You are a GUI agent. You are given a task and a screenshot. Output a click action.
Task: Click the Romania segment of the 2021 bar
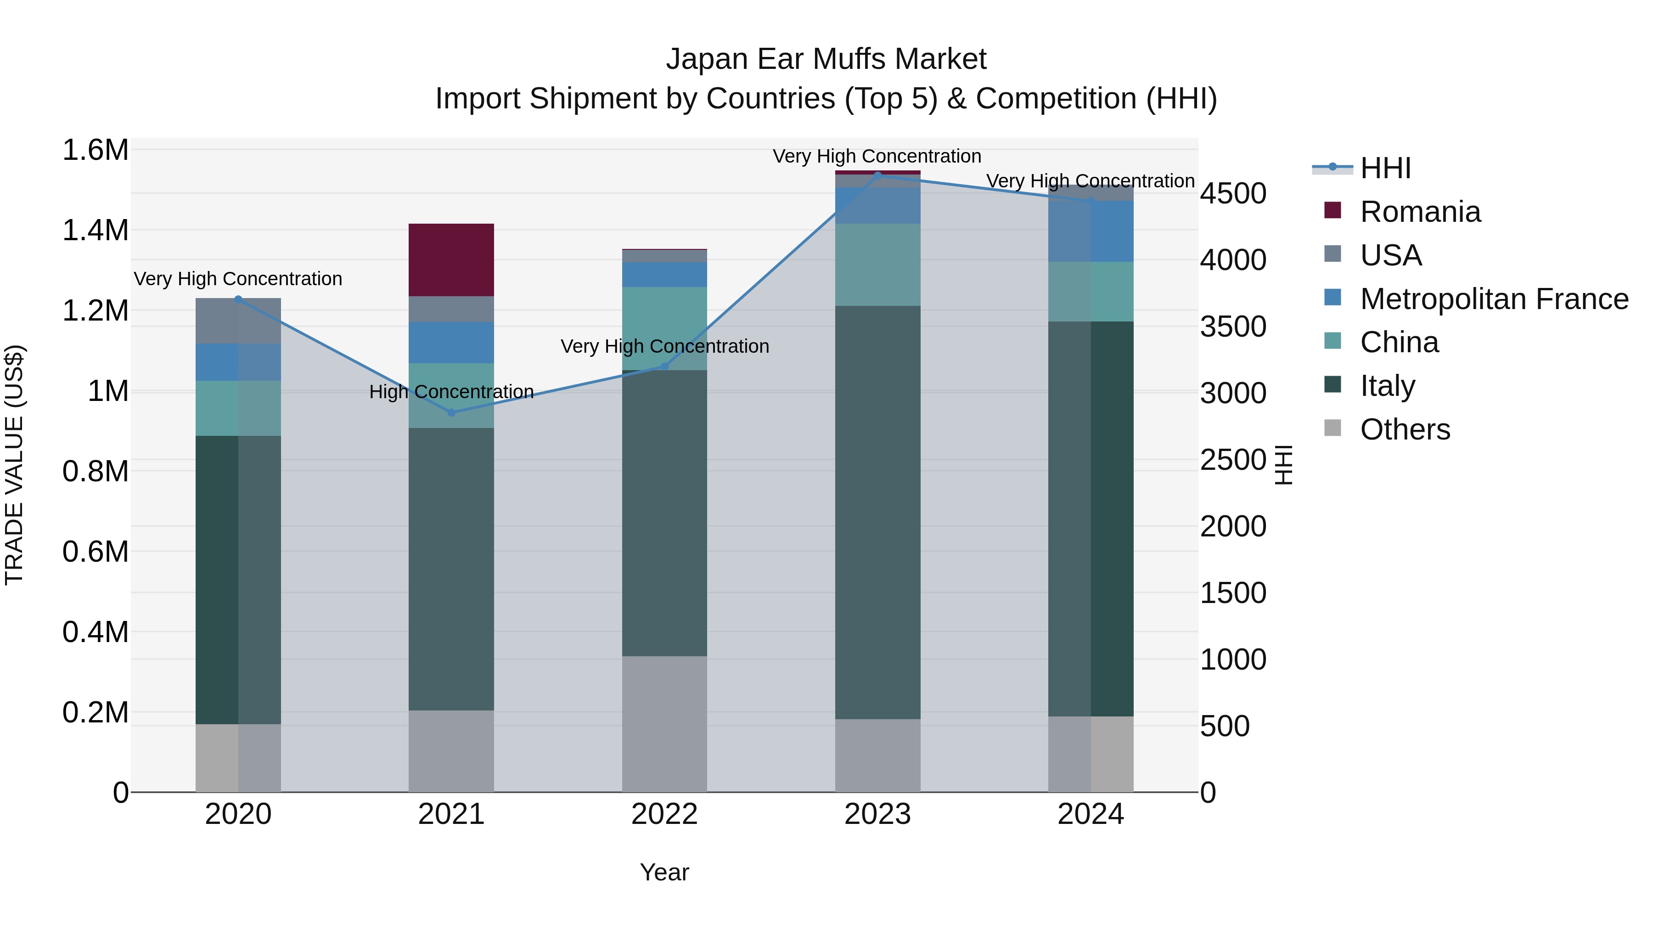(x=451, y=260)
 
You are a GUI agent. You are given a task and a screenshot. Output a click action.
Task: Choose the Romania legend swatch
(x=1333, y=210)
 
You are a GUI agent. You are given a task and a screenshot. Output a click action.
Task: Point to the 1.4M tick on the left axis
(x=96, y=231)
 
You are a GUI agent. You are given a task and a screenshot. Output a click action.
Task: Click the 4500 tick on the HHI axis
(x=1233, y=194)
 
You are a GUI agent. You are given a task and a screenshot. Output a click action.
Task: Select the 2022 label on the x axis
(x=664, y=814)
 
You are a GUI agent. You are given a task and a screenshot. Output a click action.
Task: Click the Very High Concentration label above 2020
(x=238, y=279)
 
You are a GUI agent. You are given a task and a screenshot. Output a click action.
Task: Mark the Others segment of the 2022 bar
(x=664, y=723)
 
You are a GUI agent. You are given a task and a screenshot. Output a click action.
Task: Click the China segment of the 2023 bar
(x=878, y=265)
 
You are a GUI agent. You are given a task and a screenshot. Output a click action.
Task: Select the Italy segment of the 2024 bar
(x=1091, y=519)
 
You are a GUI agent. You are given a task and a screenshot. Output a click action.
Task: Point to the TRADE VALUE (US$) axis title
(x=14, y=465)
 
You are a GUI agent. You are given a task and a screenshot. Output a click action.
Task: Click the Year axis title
(x=664, y=872)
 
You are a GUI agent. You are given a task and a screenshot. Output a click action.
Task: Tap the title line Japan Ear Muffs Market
(x=826, y=59)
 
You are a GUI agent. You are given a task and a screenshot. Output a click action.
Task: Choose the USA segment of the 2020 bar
(x=238, y=321)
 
